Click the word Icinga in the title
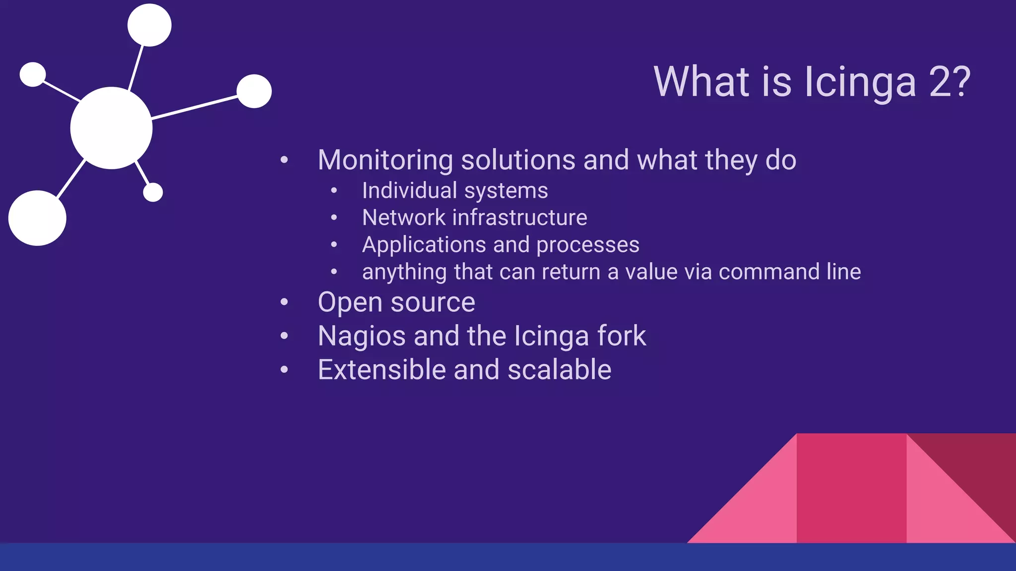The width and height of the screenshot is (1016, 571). tap(859, 82)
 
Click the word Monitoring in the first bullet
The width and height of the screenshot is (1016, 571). tap(385, 160)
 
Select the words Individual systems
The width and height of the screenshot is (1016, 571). tap(454, 191)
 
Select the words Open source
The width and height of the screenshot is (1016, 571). tap(396, 302)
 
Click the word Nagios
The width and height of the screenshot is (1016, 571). tap(362, 336)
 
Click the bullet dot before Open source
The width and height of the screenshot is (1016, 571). tap(284, 302)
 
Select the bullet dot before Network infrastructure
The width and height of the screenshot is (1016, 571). tap(334, 217)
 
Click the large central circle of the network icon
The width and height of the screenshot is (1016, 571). tap(111, 128)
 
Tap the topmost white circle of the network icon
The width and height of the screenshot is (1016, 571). tap(149, 25)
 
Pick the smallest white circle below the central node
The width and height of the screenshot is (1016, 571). tap(153, 192)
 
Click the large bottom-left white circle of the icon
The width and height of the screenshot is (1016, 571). tap(37, 218)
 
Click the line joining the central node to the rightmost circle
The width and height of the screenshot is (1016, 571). tap(194, 107)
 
